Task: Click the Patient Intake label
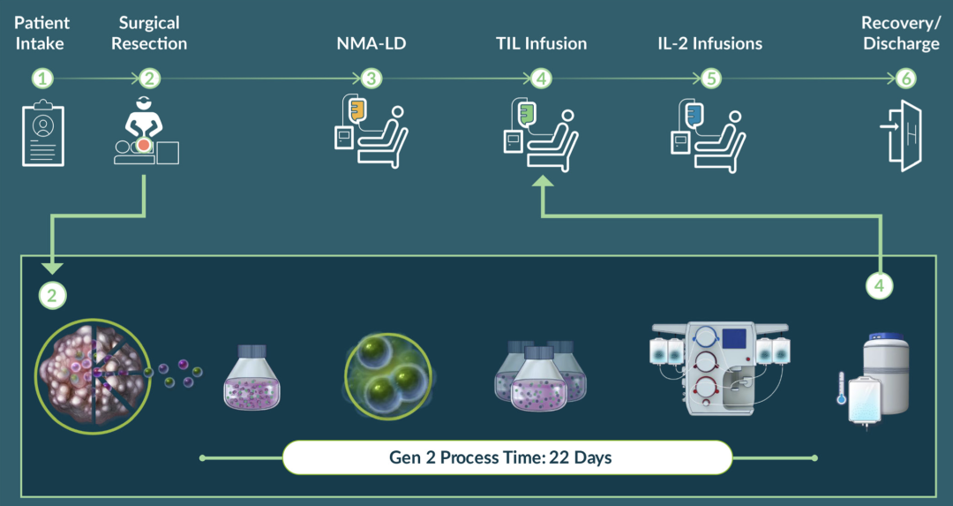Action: [x=41, y=34]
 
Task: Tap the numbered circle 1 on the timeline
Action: [x=42, y=79]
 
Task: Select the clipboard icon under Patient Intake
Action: [x=43, y=133]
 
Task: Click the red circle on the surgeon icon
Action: [x=144, y=145]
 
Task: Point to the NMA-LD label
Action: [x=371, y=43]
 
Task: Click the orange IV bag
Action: [x=356, y=110]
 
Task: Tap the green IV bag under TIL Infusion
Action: [x=526, y=112]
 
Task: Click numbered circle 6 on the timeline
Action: [x=905, y=79]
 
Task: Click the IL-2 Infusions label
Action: [x=709, y=43]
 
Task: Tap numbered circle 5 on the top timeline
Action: [x=711, y=79]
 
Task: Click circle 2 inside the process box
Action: [x=52, y=296]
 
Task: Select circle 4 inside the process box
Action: [x=880, y=285]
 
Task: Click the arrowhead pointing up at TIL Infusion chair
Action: [x=542, y=181]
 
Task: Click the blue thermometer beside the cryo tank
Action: [x=841, y=388]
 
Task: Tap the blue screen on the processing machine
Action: [x=733, y=339]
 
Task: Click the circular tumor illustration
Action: [x=93, y=376]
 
